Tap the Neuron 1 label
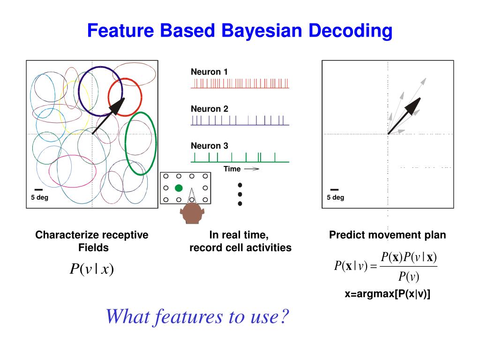(209, 72)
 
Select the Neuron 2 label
(209, 109)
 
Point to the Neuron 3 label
(209, 146)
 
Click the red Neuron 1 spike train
(240, 83)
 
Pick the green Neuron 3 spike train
(240, 157)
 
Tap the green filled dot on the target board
(178, 188)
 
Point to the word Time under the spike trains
(232, 169)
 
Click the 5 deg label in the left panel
(39, 197)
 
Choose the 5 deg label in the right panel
(335, 197)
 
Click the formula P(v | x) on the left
(92, 269)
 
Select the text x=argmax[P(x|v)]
(387, 294)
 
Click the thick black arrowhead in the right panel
(415, 104)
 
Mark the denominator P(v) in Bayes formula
(408, 277)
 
